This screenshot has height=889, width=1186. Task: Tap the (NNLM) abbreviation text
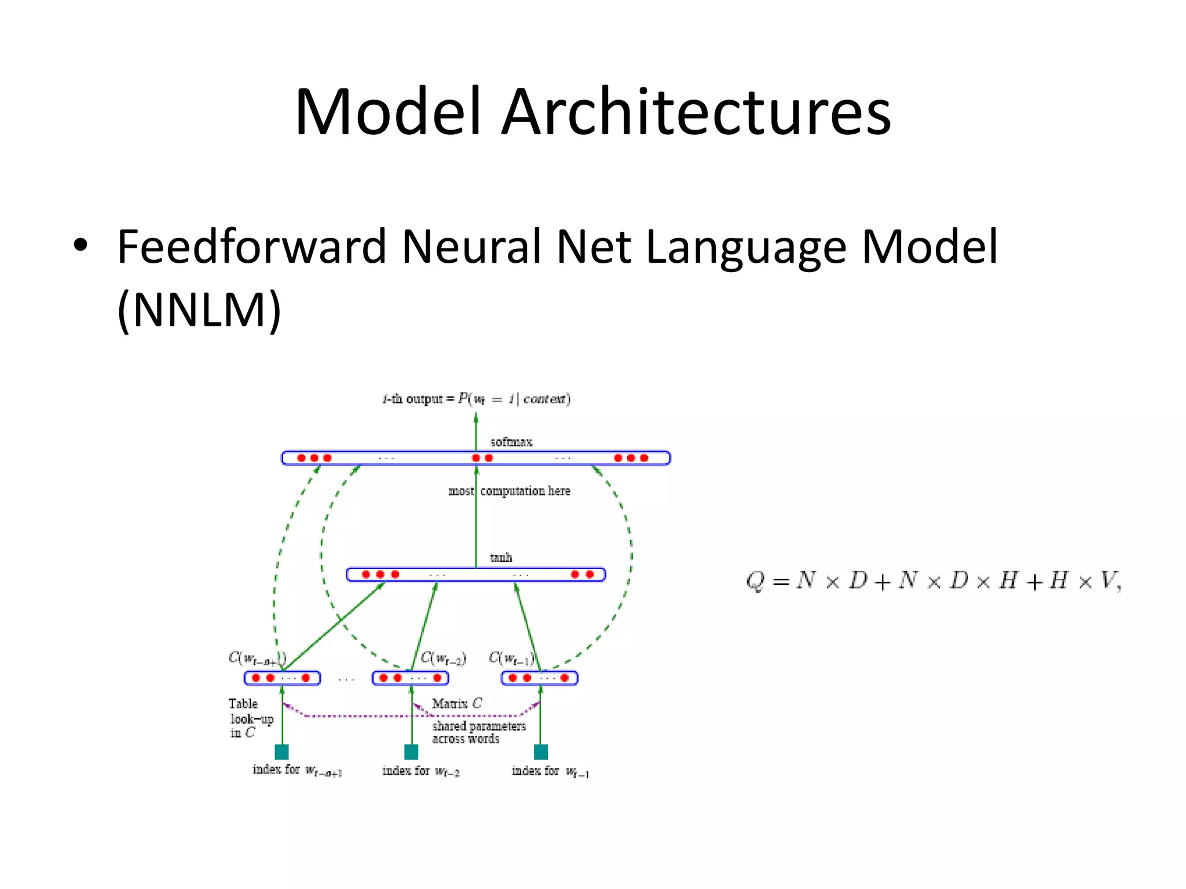199,310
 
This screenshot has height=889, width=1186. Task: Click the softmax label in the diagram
511,442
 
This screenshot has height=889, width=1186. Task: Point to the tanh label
501,557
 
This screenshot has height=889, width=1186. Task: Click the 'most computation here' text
509,491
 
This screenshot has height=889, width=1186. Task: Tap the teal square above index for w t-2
411,752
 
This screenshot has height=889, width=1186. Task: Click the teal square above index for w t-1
540,752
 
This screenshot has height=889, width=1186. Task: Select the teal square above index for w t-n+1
281,752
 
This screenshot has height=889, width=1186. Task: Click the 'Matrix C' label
456,703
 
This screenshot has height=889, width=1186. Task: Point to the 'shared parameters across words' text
478,732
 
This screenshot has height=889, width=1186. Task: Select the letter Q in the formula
755,581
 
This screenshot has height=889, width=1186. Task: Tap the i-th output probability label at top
476,399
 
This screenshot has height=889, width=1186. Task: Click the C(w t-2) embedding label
443,658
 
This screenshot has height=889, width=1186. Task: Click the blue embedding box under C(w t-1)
539,678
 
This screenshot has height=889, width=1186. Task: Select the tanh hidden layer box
475,574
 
